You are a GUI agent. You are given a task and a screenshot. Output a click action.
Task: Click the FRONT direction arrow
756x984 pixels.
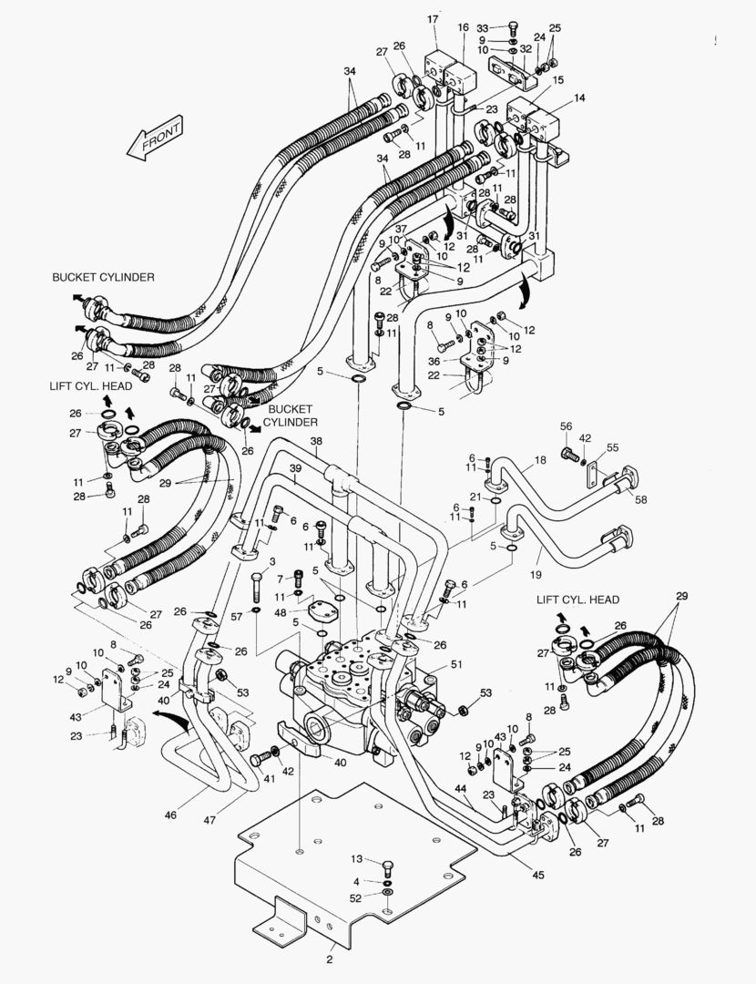pyautogui.click(x=156, y=138)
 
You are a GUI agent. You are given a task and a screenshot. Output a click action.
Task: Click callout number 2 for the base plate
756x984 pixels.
pyautogui.click(x=329, y=958)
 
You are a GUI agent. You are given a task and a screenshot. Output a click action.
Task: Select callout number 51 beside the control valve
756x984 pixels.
pyautogui.click(x=456, y=665)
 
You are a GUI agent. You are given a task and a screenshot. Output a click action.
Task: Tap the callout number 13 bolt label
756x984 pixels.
pyautogui.click(x=357, y=859)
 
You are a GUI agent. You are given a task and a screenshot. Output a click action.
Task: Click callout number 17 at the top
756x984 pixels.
pyautogui.click(x=433, y=19)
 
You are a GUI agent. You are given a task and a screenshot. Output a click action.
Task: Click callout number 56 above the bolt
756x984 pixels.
pyautogui.click(x=566, y=425)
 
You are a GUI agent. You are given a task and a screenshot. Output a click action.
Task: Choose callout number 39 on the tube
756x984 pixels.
pyautogui.click(x=296, y=468)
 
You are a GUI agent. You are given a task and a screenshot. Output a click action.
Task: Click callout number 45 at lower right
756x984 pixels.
pyautogui.click(x=539, y=876)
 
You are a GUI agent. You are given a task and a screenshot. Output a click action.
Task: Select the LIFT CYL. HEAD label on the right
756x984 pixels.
pyautogui.click(x=577, y=599)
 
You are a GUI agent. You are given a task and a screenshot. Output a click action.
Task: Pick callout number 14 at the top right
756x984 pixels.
pyautogui.click(x=579, y=97)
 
